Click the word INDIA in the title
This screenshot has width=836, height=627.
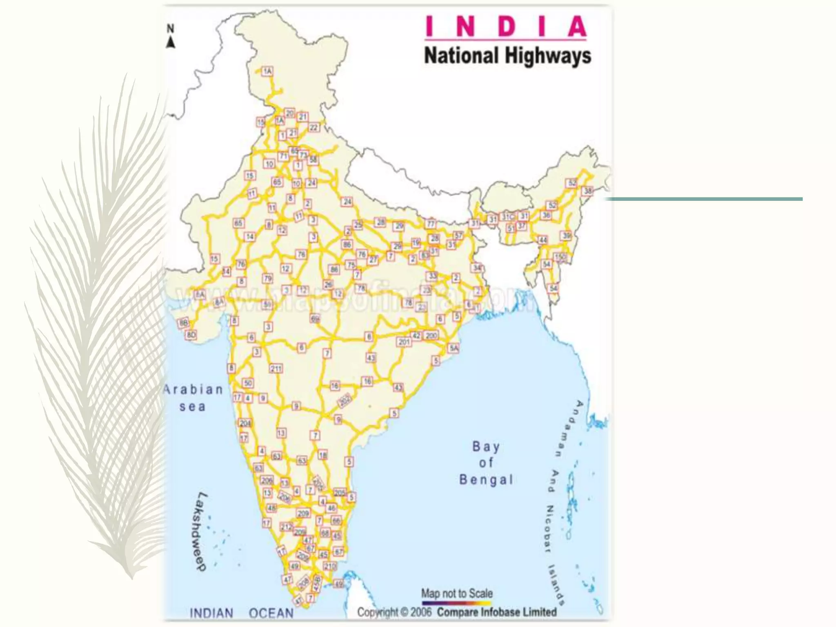(506, 27)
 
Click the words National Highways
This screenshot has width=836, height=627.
(507, 56)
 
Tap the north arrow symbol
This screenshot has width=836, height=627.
(171, 37)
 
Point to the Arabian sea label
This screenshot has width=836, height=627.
(193, 398)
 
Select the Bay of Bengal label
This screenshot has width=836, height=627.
(486, 463)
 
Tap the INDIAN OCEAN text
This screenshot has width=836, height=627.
(242, 613)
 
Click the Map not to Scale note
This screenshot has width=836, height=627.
(457, 593)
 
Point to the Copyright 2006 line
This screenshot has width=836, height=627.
(457, 612)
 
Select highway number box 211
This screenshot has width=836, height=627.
(276, 369)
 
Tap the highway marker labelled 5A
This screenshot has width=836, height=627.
(454, 348)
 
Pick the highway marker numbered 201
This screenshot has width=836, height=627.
(404, 342)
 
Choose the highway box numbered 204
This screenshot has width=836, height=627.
(245, 423)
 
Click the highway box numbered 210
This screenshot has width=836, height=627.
(330, 566)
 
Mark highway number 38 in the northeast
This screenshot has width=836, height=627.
(587, 191)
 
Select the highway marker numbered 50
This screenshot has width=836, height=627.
(248, 383)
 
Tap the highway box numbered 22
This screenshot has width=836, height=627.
(313, 128)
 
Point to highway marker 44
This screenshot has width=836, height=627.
(543, 240)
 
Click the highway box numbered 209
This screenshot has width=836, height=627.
(303, 514)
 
